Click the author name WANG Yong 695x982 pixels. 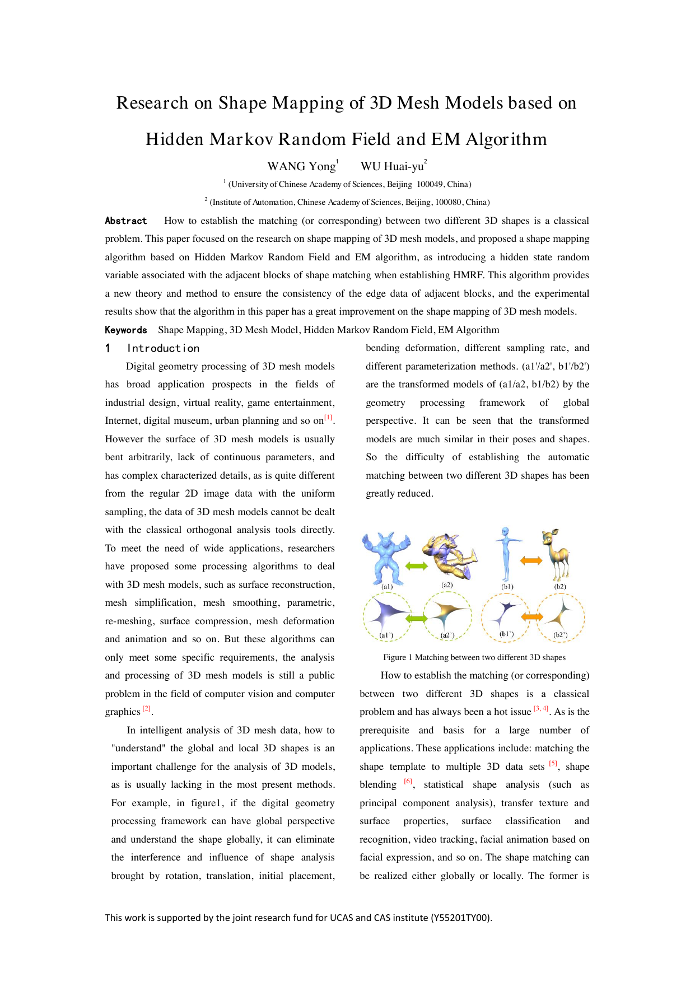tap(301, 166)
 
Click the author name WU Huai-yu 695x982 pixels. tap(391, 166)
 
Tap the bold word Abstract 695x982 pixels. tap(126, 221)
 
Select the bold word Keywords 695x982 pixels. tap(126, 330)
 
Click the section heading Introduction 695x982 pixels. tap(163, 348)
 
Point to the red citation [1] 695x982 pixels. tap(328, 418)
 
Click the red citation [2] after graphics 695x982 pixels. tap(147, 709)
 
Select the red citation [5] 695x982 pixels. tap(553, 764)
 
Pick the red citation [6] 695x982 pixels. tap(408, 782)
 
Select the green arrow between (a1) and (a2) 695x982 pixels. tap(416, 566)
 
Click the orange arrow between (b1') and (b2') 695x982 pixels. tap(532, 617)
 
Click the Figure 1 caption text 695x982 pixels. tap(474, 657)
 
